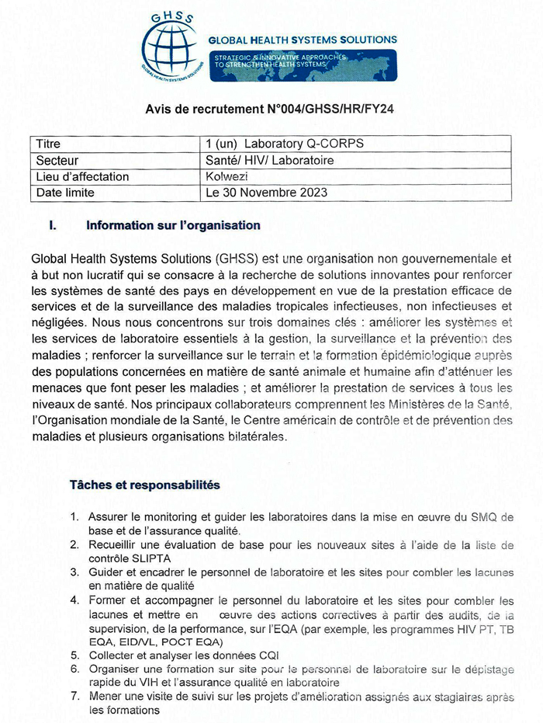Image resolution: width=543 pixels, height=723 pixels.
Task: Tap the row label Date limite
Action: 65,193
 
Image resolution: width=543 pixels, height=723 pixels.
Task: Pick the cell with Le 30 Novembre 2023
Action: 266,193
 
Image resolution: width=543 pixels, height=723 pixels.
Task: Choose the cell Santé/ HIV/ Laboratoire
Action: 269,160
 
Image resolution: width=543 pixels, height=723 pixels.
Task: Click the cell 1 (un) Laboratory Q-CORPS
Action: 284,144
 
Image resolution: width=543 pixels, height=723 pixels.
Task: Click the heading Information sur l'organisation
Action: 173,226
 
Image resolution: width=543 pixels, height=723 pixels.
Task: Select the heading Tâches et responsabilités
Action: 144,485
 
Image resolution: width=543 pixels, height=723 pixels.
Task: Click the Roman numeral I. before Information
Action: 53,226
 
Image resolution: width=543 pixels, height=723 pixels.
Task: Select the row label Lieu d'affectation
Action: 82,176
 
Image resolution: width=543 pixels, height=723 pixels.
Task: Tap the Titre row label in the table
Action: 48,144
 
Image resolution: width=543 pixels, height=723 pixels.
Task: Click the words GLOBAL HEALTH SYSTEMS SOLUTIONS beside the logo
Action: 303,40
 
